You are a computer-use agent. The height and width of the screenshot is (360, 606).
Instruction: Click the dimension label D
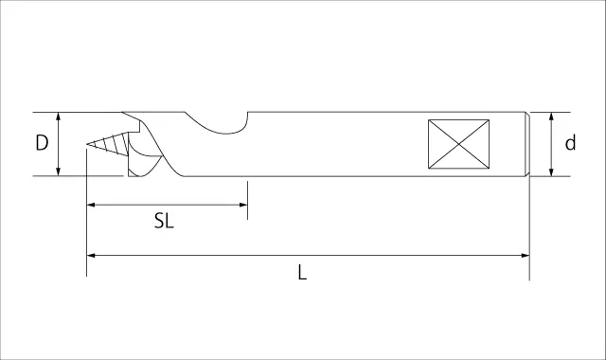(42, 143)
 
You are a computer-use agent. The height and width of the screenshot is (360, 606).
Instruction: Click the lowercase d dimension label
(570, 142)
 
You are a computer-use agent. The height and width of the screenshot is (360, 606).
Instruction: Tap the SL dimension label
(164, 221)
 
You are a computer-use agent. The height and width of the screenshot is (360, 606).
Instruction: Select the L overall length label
(302, 272)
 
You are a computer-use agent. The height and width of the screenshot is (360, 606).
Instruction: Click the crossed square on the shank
(458, 144)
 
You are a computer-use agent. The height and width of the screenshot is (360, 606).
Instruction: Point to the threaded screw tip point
(88, 144)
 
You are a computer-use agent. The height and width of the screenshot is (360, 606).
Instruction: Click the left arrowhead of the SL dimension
(91, 205)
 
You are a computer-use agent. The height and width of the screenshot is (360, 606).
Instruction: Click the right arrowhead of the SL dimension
(243, 205)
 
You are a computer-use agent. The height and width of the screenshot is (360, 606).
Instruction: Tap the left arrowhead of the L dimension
(91, 255)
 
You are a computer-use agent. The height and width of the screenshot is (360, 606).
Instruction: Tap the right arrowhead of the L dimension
(526, 255)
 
